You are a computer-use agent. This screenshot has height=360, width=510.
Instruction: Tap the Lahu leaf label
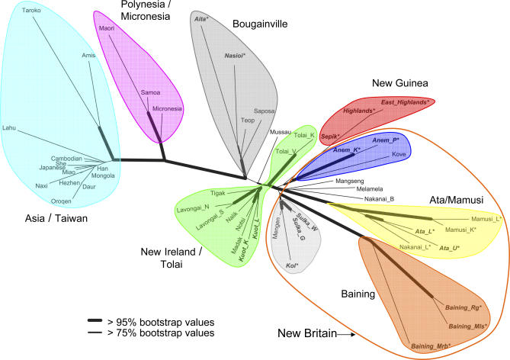(x=10, y=128)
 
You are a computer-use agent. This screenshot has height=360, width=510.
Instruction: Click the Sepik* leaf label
(x=330, y=137)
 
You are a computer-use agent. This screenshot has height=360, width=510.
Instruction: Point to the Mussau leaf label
(x=281, y=132)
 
